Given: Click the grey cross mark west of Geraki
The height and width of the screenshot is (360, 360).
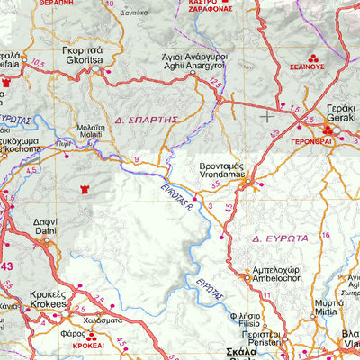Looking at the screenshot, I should [x=267, y=115].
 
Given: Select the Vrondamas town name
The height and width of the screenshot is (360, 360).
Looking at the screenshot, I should [x=220, y=173].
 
